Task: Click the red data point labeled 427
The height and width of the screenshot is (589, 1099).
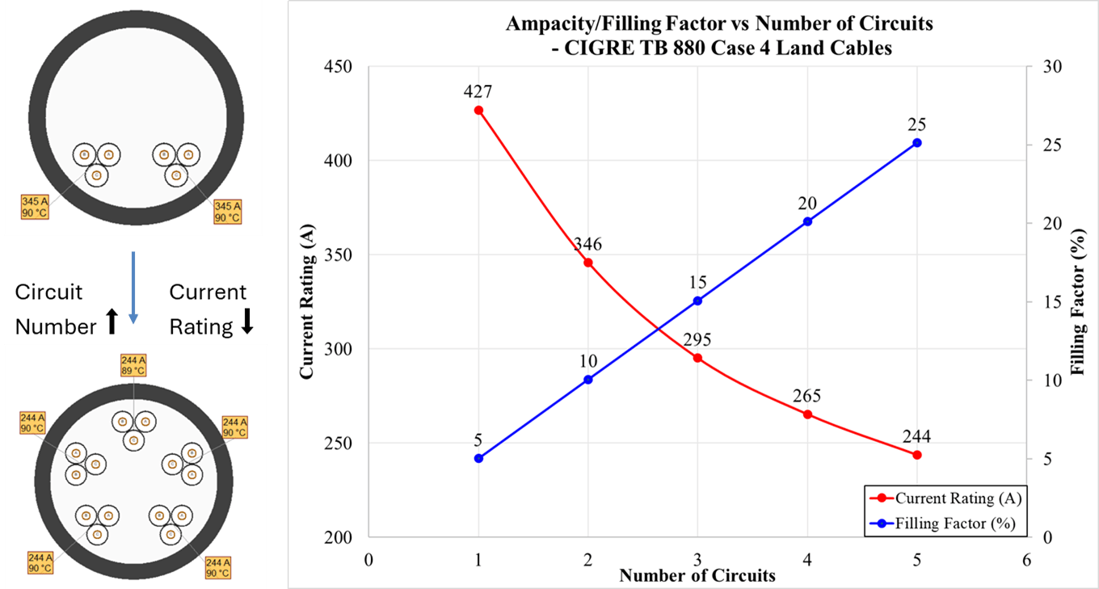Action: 478,110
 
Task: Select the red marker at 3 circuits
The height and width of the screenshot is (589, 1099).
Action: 698,358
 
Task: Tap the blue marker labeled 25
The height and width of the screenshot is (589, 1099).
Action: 917,143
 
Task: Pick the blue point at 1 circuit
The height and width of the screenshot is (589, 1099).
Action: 478,458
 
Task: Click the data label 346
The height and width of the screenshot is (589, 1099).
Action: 587,245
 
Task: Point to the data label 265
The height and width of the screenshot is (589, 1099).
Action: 806,396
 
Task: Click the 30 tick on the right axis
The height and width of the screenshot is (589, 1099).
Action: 1042,66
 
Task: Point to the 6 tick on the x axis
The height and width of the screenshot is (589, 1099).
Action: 1026,560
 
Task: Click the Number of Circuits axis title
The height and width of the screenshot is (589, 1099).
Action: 697,576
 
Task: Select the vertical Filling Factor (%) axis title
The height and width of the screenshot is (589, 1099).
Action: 1076,301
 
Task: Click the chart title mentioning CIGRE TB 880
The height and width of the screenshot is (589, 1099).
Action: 718,36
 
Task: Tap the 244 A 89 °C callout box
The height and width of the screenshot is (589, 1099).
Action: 134,365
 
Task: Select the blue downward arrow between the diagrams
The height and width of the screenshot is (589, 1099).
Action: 133,287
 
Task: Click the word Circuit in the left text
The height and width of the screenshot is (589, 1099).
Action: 48,292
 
